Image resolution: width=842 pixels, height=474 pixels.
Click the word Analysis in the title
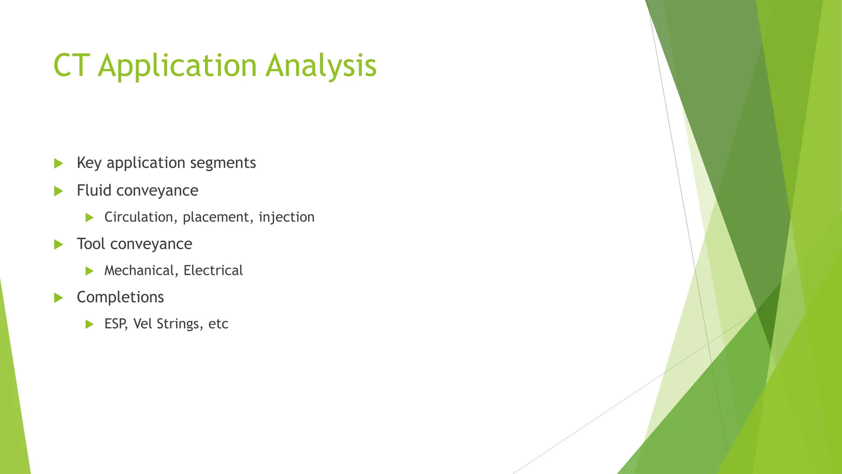point(321,66)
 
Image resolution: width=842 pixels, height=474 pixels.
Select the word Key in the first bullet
point(89,163)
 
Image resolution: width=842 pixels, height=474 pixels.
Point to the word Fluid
point(94,191)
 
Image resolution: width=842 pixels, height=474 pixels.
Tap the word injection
point(287,217)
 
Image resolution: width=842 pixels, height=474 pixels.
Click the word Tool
point(91,244)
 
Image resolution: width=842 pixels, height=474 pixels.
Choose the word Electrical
point(213,270)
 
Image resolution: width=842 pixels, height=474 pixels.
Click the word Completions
point(120,297)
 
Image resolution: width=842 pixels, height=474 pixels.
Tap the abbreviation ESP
point(115,324)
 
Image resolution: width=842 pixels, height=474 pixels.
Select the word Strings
point(178,324)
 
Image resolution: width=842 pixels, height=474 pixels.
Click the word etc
point(218,324)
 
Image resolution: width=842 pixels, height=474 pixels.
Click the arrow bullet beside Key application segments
point(58,163)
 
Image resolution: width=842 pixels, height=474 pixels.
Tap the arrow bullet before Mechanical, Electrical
point(90,271)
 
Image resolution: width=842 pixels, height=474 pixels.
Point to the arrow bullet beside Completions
point(58,297)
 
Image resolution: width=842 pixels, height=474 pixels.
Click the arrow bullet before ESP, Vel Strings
point(90,324)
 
